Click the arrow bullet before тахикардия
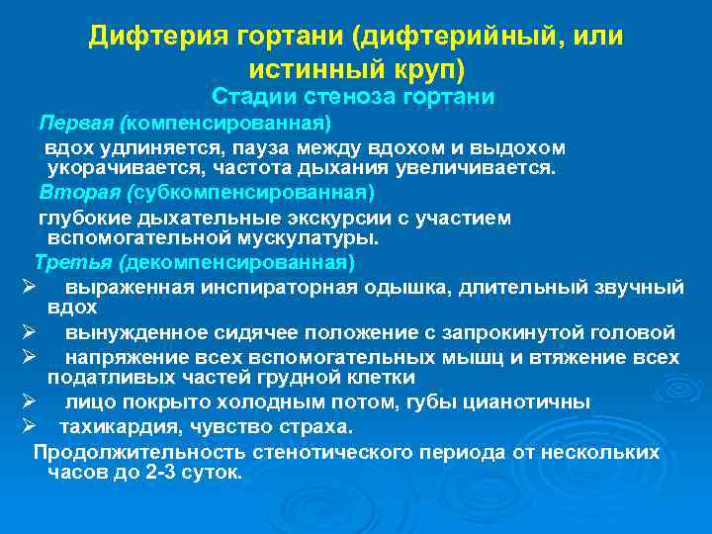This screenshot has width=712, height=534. point(28,426)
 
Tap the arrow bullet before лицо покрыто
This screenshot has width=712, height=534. point(28,401)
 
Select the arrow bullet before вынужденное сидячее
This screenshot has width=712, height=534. point(28,331)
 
